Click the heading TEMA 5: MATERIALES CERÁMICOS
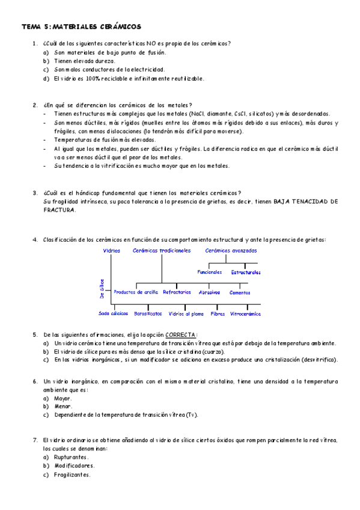click(x=82, y=27)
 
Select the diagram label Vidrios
click(x=112, y=250)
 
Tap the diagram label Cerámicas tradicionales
click(x=162, y=250)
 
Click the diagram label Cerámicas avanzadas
click(x=231, y=250)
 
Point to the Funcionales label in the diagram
click(x=210, y=272)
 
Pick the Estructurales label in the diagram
click(x=246, y=272)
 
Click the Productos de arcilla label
click(x=136, y=292)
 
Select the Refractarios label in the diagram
click(x=177, y=292)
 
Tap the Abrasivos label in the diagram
click(x=209, y=292)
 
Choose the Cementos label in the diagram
click(x=240, y=292)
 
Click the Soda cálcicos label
click(x=113, y=313)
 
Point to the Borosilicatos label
click(x=147, y=313)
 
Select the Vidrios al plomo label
click(x=186, y=313)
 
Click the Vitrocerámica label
click(x=246, y=313)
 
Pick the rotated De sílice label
click(x=102, y=288)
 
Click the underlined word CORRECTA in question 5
click(x=181, y=335)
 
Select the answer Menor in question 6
click(x=63, y=406)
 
